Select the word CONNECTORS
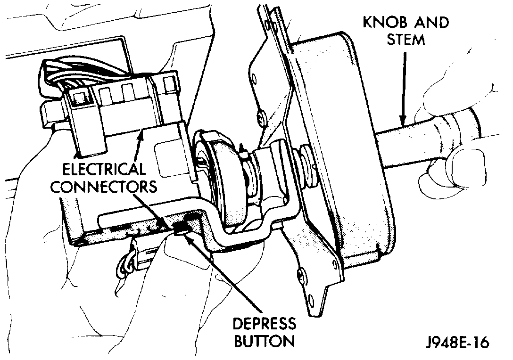pos(103,187)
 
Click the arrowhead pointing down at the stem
pos(402,120)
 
